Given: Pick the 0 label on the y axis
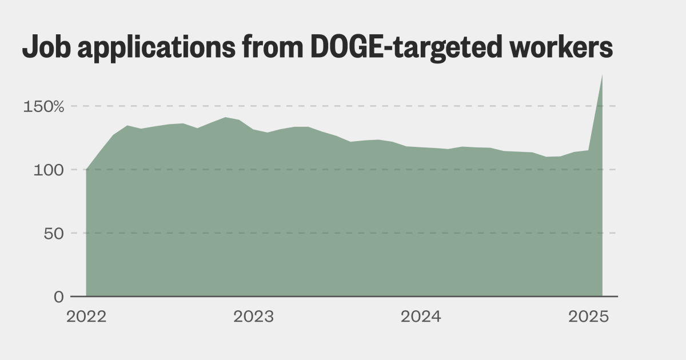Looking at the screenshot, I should (59, 297).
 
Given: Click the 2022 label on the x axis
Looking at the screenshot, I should (86, 317).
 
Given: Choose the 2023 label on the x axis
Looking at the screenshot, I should (253, 317).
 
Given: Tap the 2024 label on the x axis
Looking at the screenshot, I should (421, 317).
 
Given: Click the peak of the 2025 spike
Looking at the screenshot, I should (602, 75).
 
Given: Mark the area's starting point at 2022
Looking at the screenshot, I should (86, 170).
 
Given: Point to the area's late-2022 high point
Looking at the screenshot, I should (225, 118).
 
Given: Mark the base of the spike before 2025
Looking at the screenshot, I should (588, 150).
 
